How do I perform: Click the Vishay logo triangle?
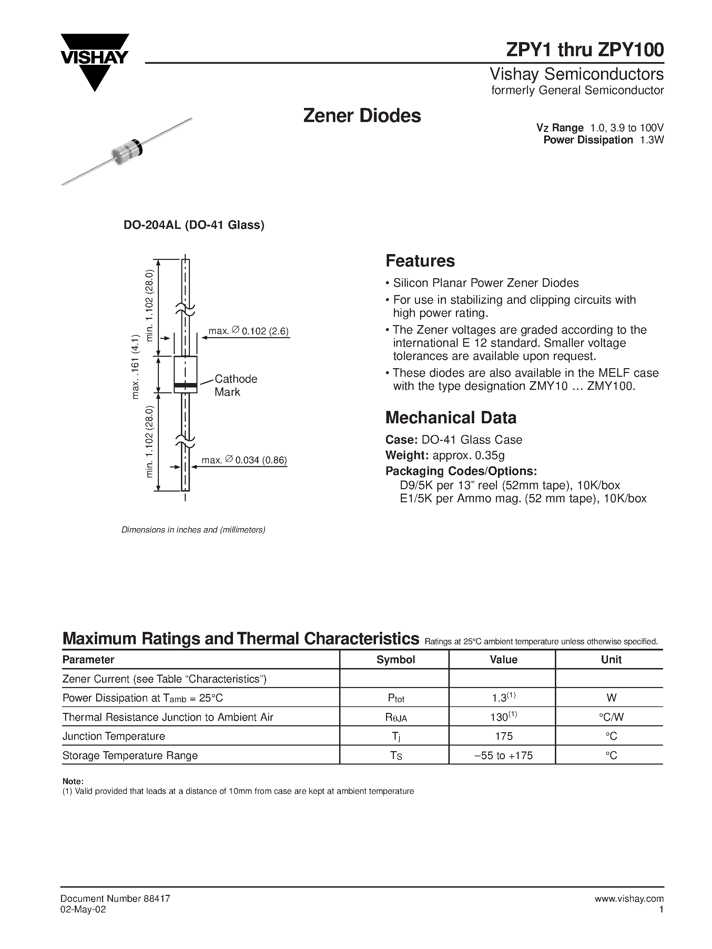click(x=95, y=64)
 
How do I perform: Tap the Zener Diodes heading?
click(x=362, y=116)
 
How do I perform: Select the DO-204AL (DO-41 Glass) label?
click(x=194, y=225)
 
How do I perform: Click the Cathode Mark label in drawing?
click(x=235, y=385)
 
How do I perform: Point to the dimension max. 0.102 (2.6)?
click(x=248, y=331)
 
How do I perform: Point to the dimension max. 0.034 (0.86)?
click(x=244, y=460)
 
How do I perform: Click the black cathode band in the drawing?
click(x=185, y=385)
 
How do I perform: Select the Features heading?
click(x=420, y=261)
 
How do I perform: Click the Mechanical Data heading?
click(x=451, y=417)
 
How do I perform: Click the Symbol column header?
click(x=396, y=659)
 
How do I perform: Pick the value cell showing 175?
click(x=504, y=736)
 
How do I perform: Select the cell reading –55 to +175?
click(x=504, y=756)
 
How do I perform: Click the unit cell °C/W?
click(x=611, y=717)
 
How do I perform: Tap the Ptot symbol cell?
click(x=396, y=698)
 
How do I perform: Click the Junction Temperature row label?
click(x=114, y=736)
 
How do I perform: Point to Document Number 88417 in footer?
click(x=115, y=899)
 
